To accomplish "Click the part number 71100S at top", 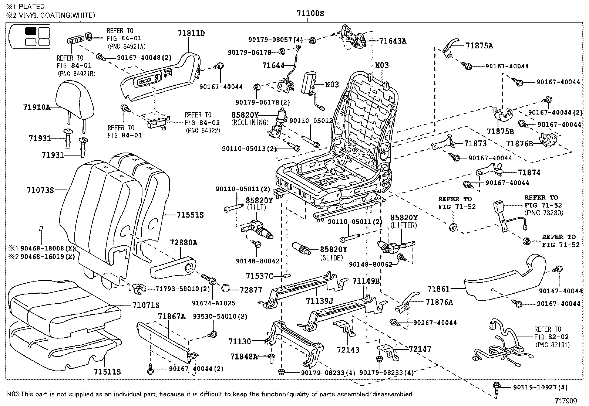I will (x=310, y=14).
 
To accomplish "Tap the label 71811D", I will (x=191, y=33).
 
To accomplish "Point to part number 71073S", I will (x=40, y=190).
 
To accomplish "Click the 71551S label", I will (x=190, y=215).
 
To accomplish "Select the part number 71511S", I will (x=107, y=371).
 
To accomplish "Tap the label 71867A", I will (x=172, y=316).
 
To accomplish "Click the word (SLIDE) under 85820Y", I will (x=331, y=258).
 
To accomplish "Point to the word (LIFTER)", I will (x=404, y=225).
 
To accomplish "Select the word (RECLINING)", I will (x=250, y=122).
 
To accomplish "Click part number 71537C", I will (x=259, y=276).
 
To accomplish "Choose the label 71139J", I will (x=320, y=301).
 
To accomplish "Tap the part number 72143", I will (x=348, y=349).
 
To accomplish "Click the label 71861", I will (x=438, y=289).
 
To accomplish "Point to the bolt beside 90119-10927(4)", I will (x=497, y=387).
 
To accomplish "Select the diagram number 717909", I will (x=566, y=400).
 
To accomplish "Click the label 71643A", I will (x=393, y=41).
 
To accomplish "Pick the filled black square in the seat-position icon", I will (x=31, y=31).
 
